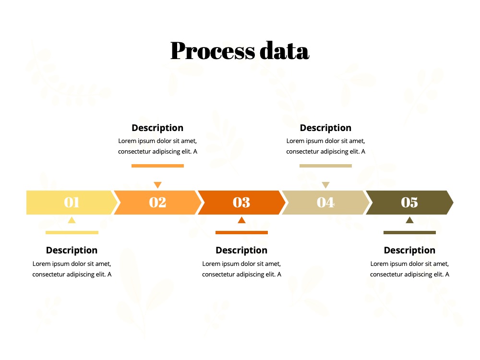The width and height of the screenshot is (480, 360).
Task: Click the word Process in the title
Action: pyautogui.click(x=213, y=50)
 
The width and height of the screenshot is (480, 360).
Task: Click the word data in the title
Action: pyautogui.click(x=284, y=50)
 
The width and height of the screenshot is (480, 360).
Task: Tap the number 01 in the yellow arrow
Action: pyautogui.click(x=72, y=203)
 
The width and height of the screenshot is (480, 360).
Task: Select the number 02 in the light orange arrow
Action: pyautogui.click(x=157, y=203)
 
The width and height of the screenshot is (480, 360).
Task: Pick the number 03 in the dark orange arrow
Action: pyautogui.click(x=241, y=203)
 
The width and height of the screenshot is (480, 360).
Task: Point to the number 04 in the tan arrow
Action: pyautogui.click(x=326, y=203)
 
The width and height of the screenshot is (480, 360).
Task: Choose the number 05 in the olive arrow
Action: pyautogui.click(x=409, y=203)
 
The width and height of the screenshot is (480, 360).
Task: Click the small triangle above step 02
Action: pyautogui.click(x=157, y=185)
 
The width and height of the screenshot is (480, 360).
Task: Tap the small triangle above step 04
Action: pyautogui.click(x=326, y=185)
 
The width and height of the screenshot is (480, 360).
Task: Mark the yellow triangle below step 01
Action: pyautogui.click(x=72, y=220)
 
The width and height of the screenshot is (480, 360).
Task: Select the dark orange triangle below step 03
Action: pyautogui.click(x=241, y=220)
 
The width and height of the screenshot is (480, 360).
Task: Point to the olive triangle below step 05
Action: pyautogui.click(x=409, y=220)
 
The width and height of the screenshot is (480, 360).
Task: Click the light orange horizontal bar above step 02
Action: pyautogui.click(x=157, y=166)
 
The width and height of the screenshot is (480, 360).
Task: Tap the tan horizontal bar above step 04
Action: pyautogui.click(x=326, y=166)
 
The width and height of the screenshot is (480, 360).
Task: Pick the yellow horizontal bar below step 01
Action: pyautogui.click(x=72, y=233)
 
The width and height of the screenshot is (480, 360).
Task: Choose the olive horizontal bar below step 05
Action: pyautogui.click(x=409, y=233)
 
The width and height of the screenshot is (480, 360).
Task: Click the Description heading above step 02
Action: pyautogui.click(x=157, y=128)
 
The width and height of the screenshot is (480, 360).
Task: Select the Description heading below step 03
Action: pyautogui.click(x=241, y=251)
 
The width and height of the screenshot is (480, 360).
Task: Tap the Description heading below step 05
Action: pyautogui.click(x=409, y=251)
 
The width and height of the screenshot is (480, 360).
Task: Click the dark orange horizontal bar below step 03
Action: pyautogui.click(x=241, y=233)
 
